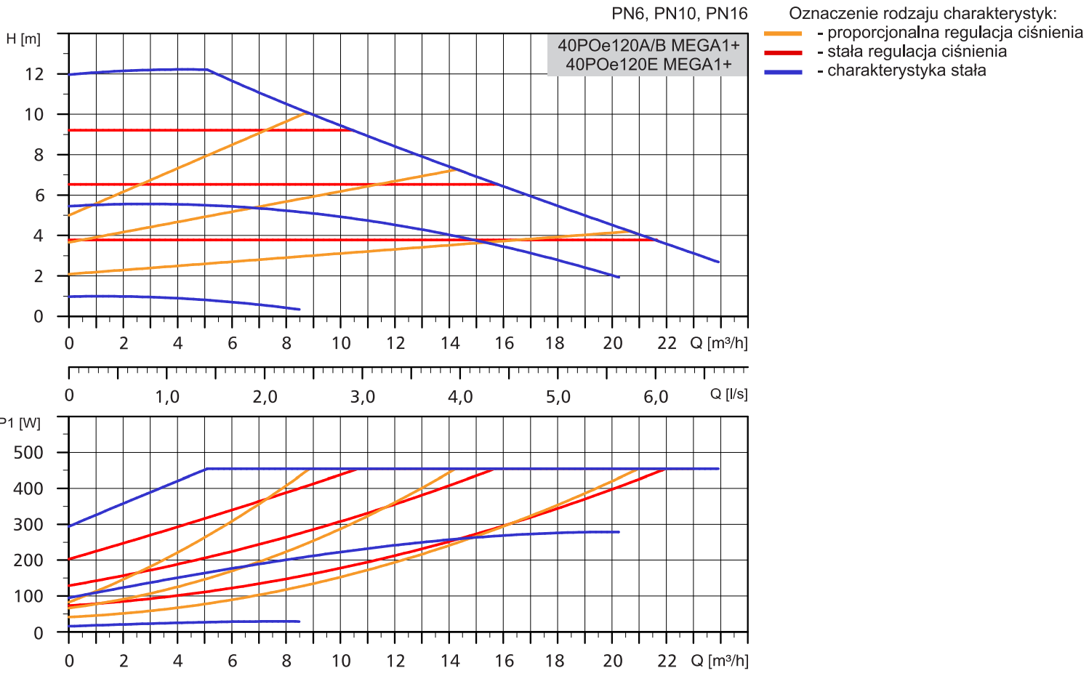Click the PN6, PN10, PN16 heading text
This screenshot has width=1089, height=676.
(x=679, y=13)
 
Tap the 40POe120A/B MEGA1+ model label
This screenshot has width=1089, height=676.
(x=648, y=45)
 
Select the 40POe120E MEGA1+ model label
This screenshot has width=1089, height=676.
(x=648, y=65)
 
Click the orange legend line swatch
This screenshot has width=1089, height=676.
(x=783, y=33)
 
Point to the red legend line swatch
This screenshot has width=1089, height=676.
(x=783, y=52)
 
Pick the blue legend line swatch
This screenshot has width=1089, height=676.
(x=783, y=71)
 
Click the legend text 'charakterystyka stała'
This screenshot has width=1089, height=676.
(x=907, y=71)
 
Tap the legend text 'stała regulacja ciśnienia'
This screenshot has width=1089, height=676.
(x=917, y=52)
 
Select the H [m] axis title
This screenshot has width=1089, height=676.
(x=23, y=39)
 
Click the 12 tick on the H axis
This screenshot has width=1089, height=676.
(x=34, y=74)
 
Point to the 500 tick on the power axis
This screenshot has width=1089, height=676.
(x=28, y=452)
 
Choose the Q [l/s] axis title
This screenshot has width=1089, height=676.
(x=728, y=394)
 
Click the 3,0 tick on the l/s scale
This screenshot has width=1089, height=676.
(x=363, y=397)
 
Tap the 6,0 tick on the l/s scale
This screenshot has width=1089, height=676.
(x=656, y=397)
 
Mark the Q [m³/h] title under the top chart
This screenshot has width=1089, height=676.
(x=718, y=342)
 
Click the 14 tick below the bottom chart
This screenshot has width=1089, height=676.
(x=450, y=661)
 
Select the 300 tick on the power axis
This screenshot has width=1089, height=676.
(x=28, y=524)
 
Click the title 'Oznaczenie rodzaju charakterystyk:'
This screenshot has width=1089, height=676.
(x=923, y=13)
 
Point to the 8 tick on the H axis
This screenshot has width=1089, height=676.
(x=39, y=155)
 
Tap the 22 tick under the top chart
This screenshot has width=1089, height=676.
(x=667, y=343)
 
